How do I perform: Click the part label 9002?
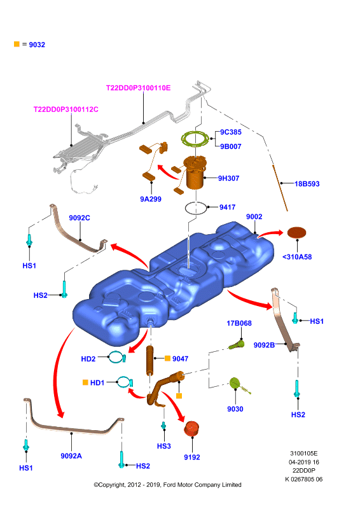254,216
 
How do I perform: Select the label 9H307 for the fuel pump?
228,178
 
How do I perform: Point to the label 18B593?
307,184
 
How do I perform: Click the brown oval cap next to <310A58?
296,232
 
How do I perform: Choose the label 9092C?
80,218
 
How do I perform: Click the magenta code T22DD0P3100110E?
138,88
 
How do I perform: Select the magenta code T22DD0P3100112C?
66,109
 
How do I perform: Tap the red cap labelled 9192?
191,428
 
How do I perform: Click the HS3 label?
164,446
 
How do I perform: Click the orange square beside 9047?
167,358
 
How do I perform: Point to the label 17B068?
239,323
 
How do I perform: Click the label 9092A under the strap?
71,456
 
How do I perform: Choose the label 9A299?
151,199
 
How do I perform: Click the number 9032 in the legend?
37,45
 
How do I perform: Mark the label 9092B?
264,345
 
